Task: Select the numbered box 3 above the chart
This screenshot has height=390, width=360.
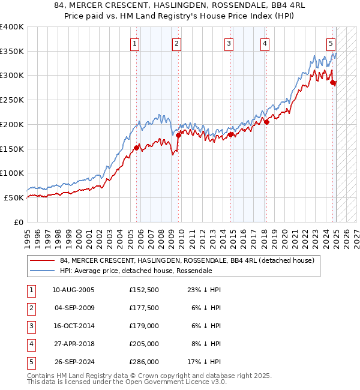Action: pyautogui.click(x=229, y=43)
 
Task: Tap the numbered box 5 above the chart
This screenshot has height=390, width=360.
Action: pyautogui.click(x=331, y=43)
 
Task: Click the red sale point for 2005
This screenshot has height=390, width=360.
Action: pyautogui.click(x=137, y=147)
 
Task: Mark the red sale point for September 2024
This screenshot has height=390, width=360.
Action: pyautogui.click(x=334, y=82)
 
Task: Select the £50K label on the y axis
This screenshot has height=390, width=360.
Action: pyautogui.click(x=14, y=197)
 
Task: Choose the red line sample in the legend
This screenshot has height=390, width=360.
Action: pyautogui.click(x=43, y=261)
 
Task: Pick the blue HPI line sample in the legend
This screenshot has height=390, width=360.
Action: pyautogui.click(x=43, y=271)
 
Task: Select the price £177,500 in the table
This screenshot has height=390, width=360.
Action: pyautogui.click(x=143, y=308)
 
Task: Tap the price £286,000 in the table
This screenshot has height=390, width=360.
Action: pyautogui.click(x=143, y=362)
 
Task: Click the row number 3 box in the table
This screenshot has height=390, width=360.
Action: pyautogui.click(x=30, y=326)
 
